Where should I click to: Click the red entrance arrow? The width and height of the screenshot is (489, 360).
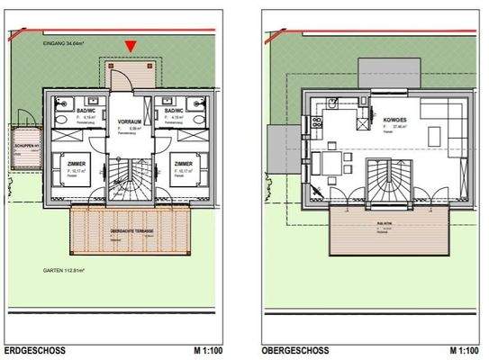pyautogui.click(x=131, y=46)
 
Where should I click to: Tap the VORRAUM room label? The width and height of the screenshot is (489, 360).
pyautogui.click(x=131, y=121)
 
